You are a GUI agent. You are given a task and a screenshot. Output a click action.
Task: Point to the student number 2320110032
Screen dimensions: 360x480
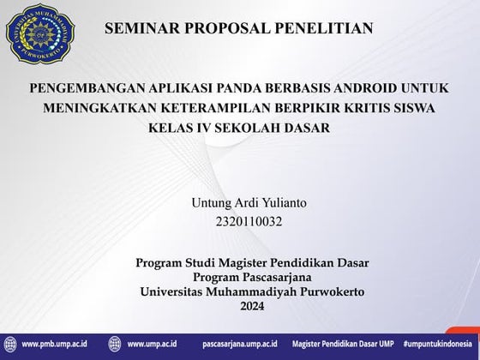pos(250,223)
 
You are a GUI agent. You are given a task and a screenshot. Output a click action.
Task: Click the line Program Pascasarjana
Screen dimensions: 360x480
pos(252,278)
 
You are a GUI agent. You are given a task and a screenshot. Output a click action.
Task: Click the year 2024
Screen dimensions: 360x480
pos(252,306)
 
